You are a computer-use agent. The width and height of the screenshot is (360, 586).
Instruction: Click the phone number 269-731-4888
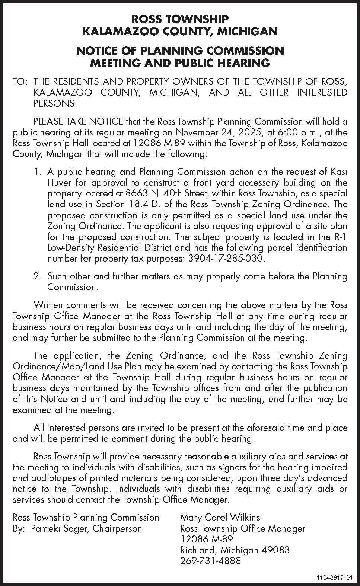[210, 561]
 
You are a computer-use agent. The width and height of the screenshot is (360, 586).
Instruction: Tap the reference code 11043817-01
[334, 578]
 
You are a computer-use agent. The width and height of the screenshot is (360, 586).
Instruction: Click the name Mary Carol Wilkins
[220, 517]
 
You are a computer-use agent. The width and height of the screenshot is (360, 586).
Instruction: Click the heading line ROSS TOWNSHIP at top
[180, 19]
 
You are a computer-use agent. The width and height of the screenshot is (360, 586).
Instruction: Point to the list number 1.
[37, 172]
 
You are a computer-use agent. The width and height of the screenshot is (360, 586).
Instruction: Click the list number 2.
[37, 276]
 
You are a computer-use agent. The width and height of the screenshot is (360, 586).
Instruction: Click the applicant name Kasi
[338, 172]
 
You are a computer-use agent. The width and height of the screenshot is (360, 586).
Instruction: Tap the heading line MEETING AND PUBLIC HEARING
[180, 63]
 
